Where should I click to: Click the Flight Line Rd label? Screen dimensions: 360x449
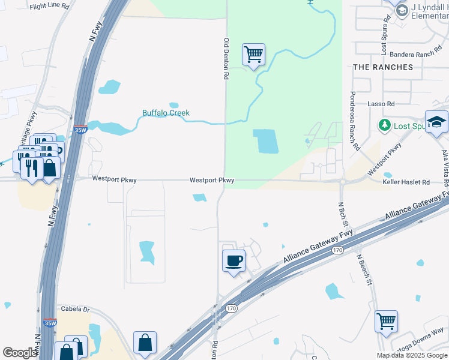49,6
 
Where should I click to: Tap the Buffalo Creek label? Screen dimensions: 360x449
166,113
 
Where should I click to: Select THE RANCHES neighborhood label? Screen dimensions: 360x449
383,67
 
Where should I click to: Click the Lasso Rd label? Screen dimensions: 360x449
381,104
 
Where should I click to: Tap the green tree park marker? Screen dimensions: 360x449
384,126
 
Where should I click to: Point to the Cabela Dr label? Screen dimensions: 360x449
75,310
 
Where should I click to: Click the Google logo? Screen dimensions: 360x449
20,352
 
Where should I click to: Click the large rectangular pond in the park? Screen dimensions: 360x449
266,141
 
